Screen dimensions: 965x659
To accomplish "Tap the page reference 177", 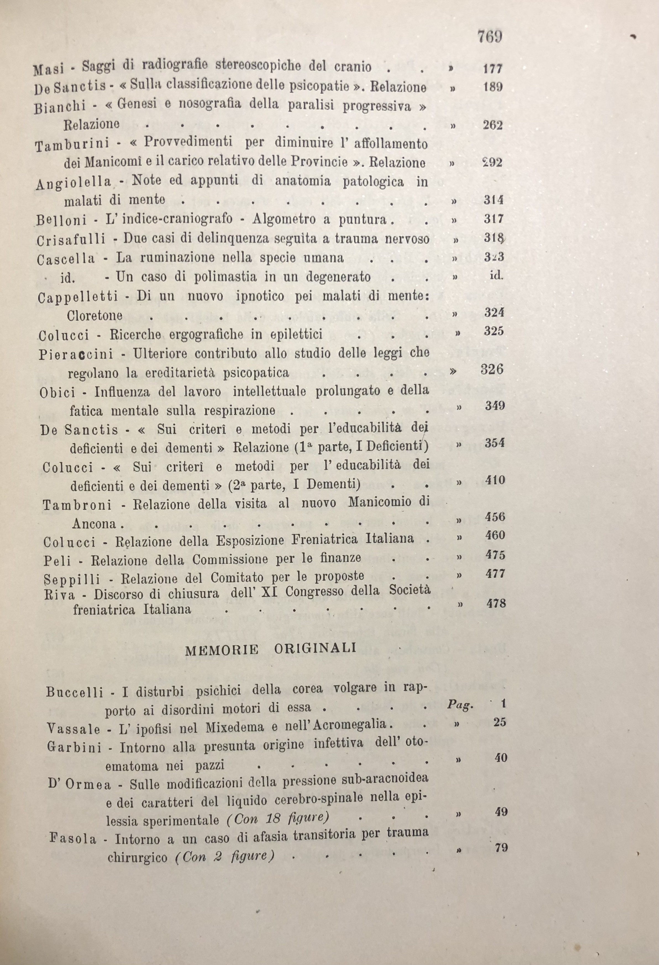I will pyautogui.click(x=493, y=68).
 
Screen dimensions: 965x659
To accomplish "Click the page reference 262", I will pyautogui.click(x=493, y=125).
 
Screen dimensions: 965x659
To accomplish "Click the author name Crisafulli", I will pyautogui.click(x=70, y=240).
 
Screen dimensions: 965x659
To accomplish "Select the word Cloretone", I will pyautogui.click(x=94, y=315).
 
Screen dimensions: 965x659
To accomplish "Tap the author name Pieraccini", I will pyautogui.click(x=76, y=354).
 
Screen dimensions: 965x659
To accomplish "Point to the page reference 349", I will pyautogui.click(x=495, y=405).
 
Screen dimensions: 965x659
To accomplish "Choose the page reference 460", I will pyautogui.click(x=495, y=535).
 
